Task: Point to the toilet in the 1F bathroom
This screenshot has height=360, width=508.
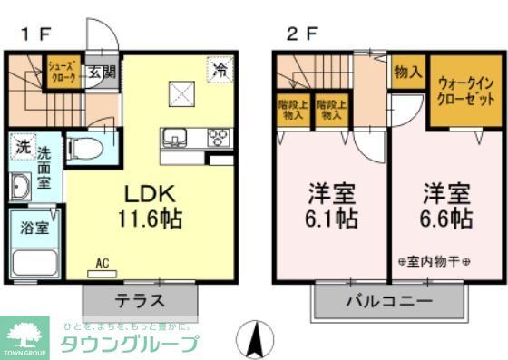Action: [83, 149]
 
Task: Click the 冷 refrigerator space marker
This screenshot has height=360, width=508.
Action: [220, 69]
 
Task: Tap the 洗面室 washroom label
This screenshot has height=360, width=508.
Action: [44, 168]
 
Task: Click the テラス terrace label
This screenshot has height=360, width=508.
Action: [139, 300]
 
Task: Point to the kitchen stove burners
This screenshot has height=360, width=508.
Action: [220, 137]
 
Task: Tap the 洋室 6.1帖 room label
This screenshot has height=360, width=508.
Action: [330, 206]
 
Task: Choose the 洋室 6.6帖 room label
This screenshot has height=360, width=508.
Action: [445, 206]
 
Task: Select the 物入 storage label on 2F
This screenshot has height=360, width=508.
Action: [408, 72]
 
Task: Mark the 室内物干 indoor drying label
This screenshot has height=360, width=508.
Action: [435, 262]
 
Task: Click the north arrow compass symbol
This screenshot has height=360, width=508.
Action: [255, 339]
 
